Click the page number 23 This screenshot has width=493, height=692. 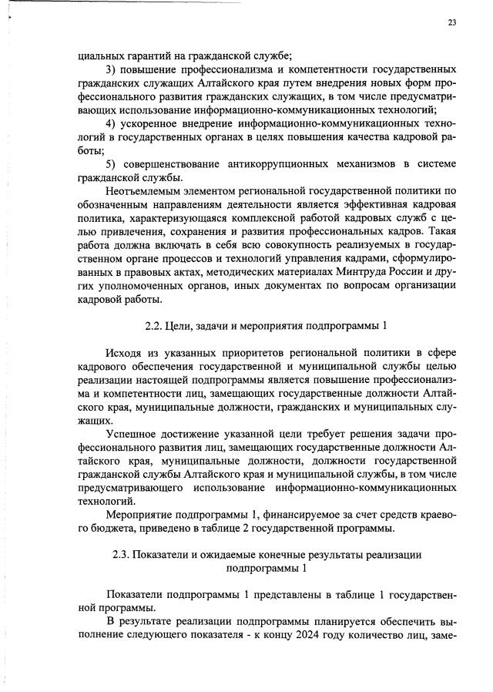(452, 22)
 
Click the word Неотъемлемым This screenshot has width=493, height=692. (146, 190)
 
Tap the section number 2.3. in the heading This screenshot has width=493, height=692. (125, 555)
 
